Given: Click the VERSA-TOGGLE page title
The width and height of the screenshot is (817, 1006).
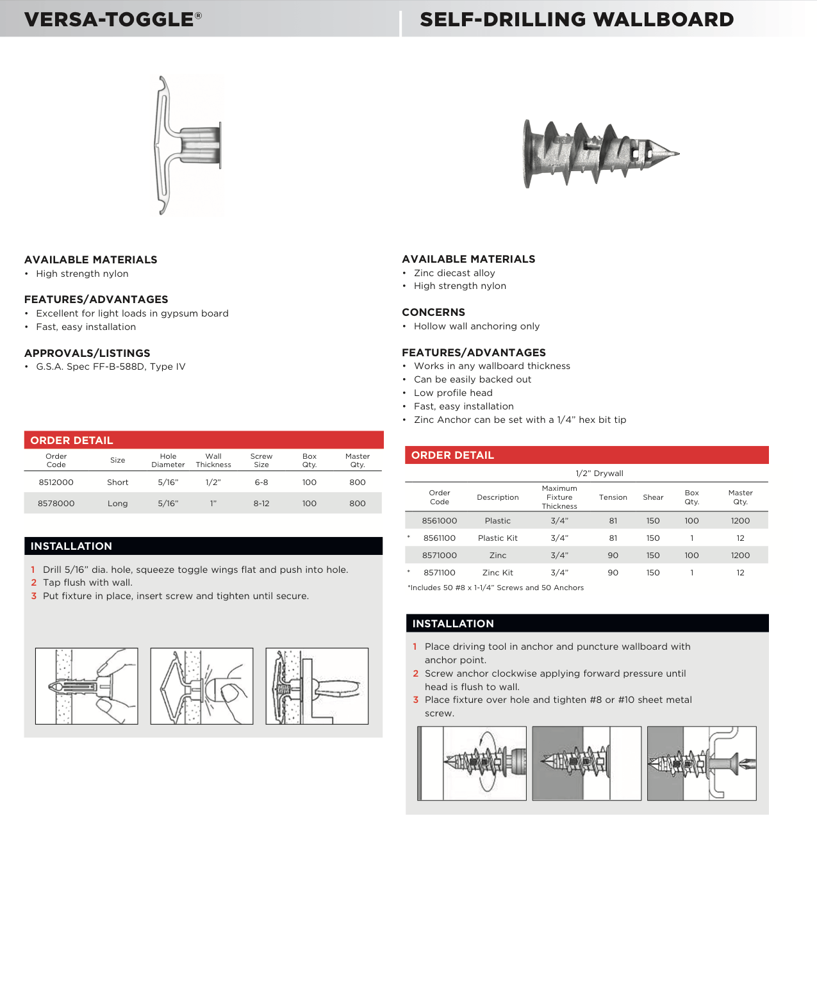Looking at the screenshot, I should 113,19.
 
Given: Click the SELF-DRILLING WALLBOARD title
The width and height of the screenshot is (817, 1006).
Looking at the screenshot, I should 576,19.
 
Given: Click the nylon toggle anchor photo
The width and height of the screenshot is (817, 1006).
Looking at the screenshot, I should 188,145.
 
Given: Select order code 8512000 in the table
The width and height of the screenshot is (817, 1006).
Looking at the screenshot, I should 56,482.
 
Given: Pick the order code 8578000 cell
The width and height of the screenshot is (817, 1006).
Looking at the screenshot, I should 56,504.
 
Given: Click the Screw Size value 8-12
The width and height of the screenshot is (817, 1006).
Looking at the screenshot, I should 261,504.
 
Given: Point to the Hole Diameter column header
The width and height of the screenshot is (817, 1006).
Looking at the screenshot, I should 168,461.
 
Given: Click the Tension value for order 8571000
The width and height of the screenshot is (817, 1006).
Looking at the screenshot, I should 613,556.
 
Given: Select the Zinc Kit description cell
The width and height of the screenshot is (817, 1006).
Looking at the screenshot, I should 497,573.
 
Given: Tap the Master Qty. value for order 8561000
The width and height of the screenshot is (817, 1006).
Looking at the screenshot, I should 740,521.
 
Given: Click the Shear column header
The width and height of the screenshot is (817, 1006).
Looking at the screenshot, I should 653,497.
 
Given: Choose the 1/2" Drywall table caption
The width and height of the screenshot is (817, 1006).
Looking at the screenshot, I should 599,474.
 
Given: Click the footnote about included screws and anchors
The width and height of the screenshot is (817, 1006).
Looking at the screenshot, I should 496,588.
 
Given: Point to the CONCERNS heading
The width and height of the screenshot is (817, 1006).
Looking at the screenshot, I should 433,313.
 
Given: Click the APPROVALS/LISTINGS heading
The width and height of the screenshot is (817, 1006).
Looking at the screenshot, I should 87,353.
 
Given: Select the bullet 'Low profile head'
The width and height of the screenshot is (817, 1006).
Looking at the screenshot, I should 453,393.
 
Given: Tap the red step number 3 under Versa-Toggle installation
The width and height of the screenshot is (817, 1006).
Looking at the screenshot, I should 34,596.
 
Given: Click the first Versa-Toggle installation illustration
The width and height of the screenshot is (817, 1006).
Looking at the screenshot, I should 87,686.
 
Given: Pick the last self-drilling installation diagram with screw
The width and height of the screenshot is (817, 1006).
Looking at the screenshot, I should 702,763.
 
